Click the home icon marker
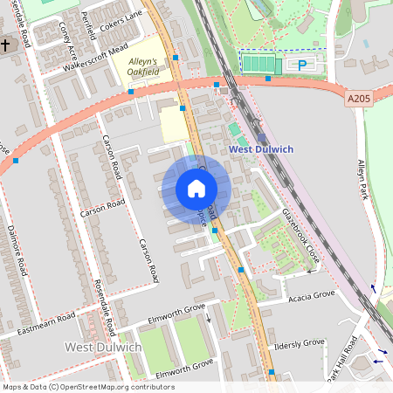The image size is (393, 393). (196, 189)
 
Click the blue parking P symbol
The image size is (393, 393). (303, 65)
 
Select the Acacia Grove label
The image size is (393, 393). (311, 296)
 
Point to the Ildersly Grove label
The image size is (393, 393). (299, 343)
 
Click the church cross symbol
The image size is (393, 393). (5, 45)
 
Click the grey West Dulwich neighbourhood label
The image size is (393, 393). (103, 348)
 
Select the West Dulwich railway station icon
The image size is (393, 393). (261, 137)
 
